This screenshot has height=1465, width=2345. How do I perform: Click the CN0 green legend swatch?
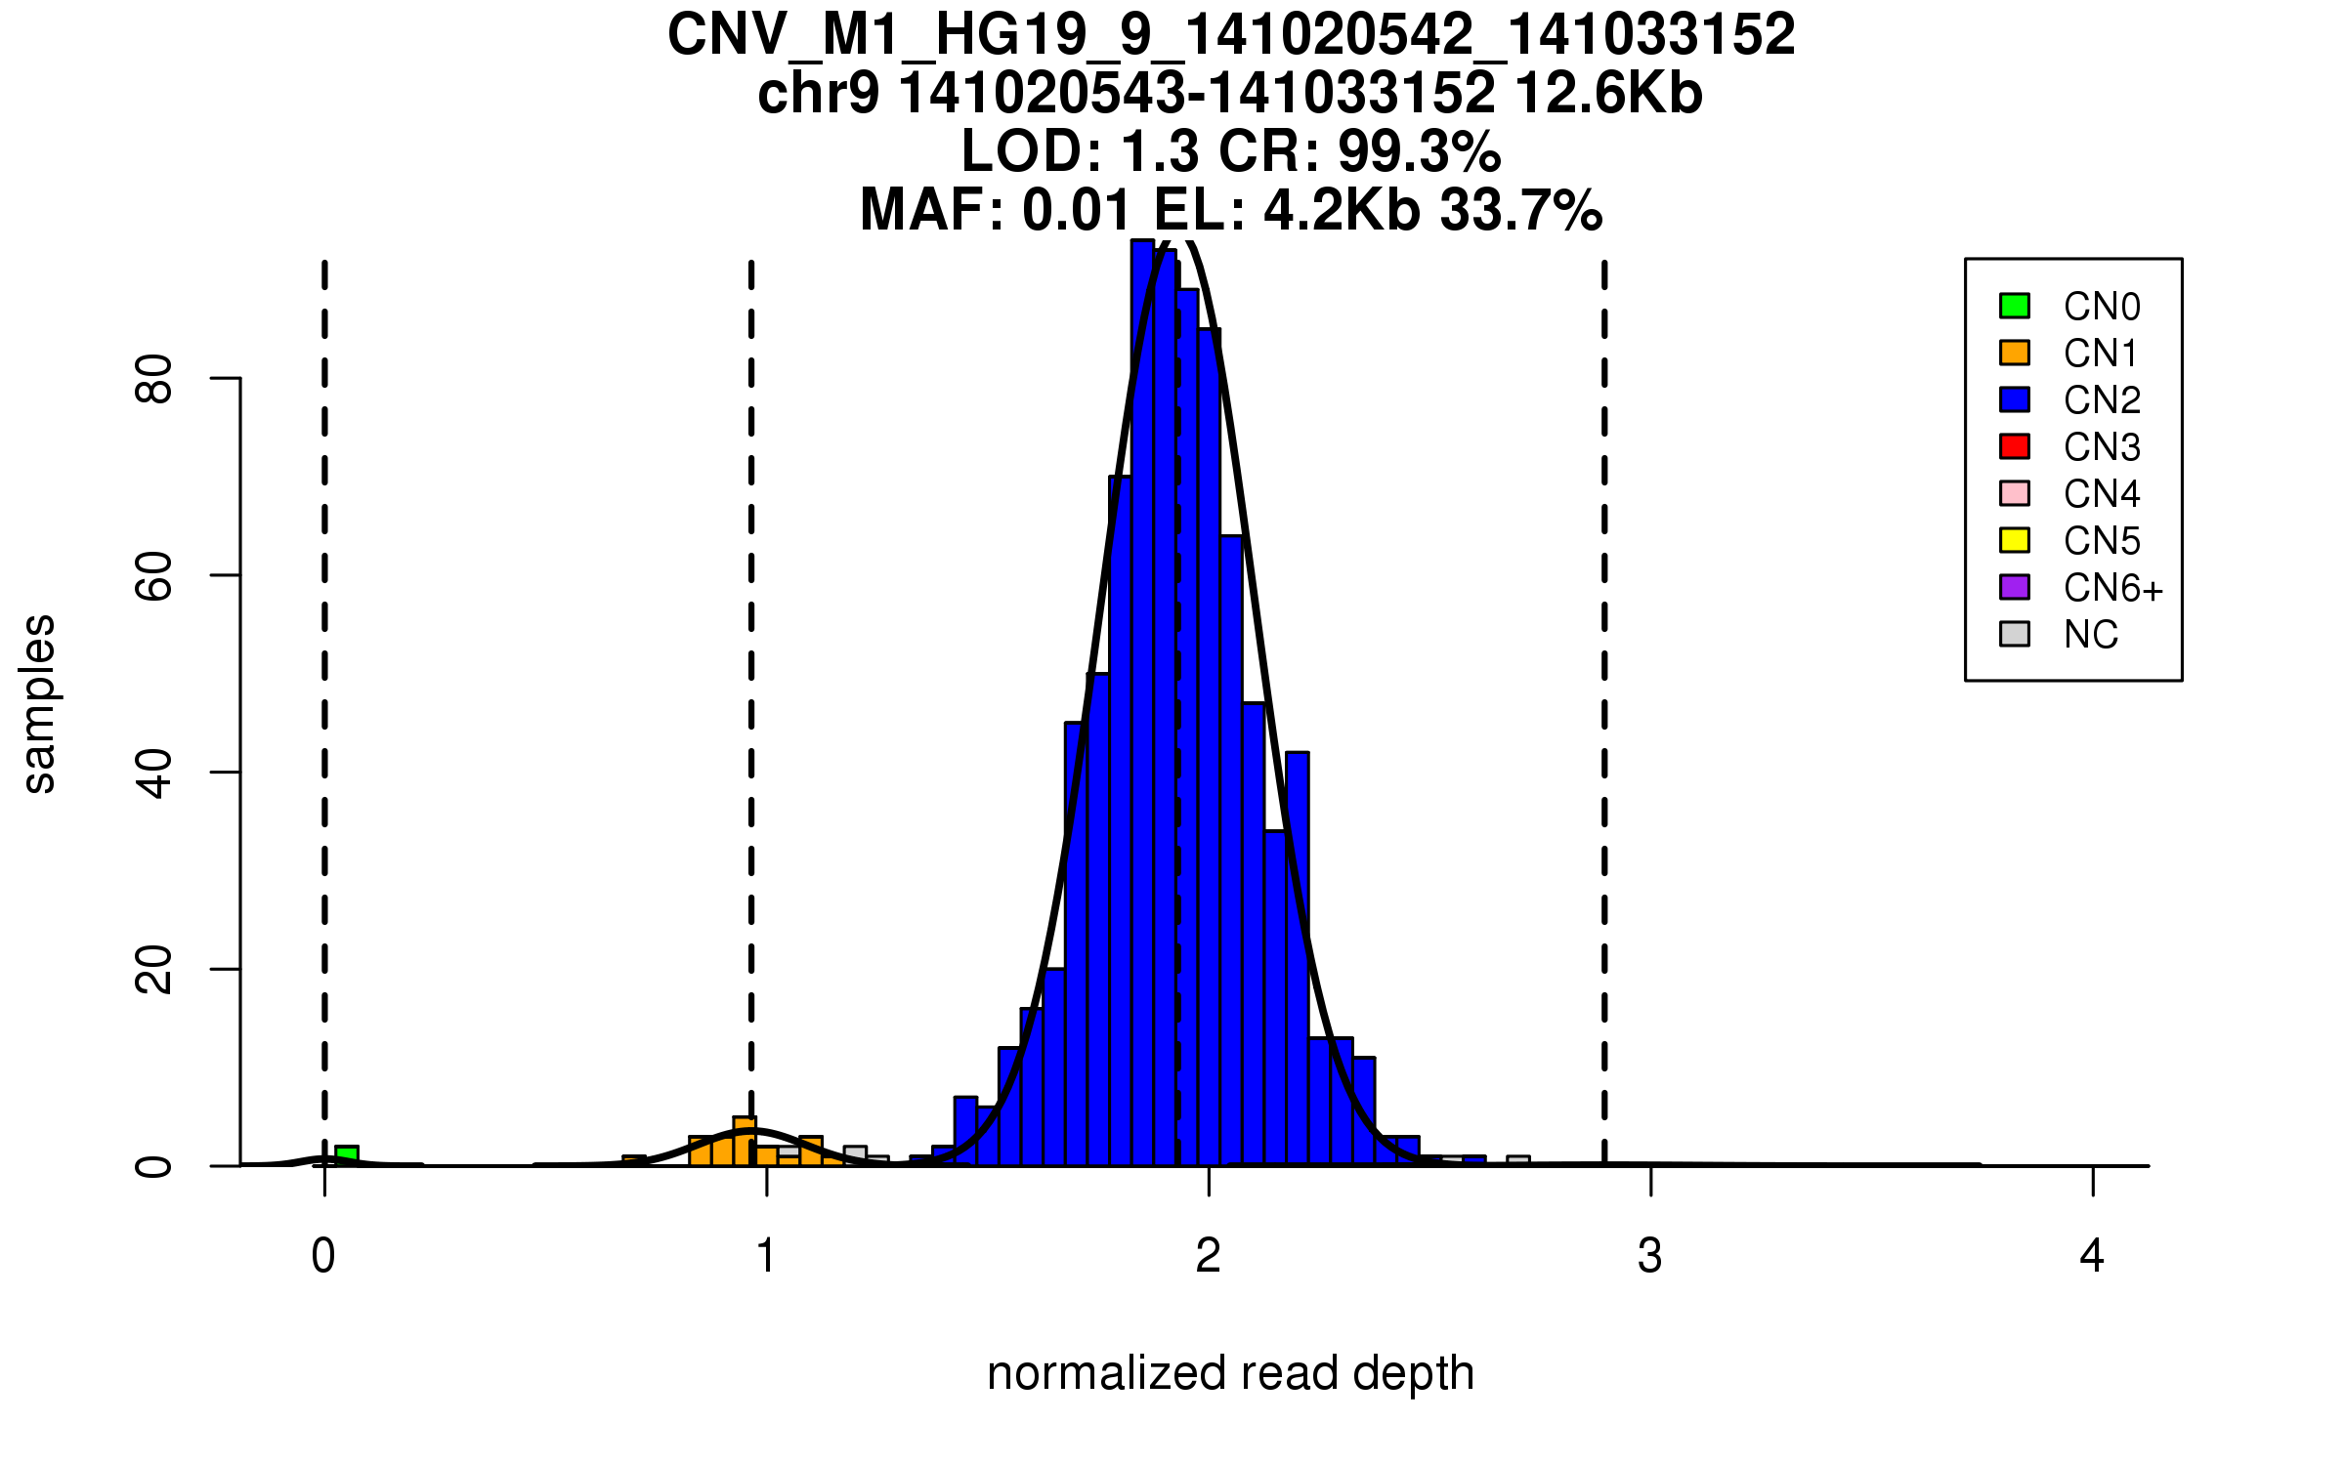click(x=2015, y=306)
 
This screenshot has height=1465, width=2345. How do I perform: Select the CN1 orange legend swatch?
click(x=2015, y=353)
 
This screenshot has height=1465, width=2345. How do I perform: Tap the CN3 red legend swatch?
click(x=2015, y=446)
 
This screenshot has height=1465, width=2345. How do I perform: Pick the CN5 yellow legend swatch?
click(x=2015, y=540)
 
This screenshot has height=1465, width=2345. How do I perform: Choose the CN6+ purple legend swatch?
click(x=2015, y=587)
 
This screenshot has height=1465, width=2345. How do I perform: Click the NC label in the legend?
click(x=2090, y=635)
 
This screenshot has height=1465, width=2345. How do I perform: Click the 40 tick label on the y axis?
click(x=154, y=773)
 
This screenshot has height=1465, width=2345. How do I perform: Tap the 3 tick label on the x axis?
click(x=1650, y=1256)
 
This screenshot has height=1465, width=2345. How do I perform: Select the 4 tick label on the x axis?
click(x=2092, y=1256)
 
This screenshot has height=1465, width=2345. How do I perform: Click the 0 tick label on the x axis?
click(x=323, y=1256)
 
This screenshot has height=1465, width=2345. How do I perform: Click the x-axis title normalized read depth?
click(x=1230, y=1373)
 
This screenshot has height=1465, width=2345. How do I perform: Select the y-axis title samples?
click(x=39, y=703)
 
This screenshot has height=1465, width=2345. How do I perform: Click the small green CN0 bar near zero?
click(x=347, y=1155)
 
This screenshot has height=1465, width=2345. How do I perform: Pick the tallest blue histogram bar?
click(x=1142, y=703)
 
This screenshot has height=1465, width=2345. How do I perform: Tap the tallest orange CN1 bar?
click(x=745, y=1141)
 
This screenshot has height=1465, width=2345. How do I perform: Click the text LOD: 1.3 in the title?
click(x=1080, y=151)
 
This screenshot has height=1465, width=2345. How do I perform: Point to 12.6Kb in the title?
click(x=1608, y=94)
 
